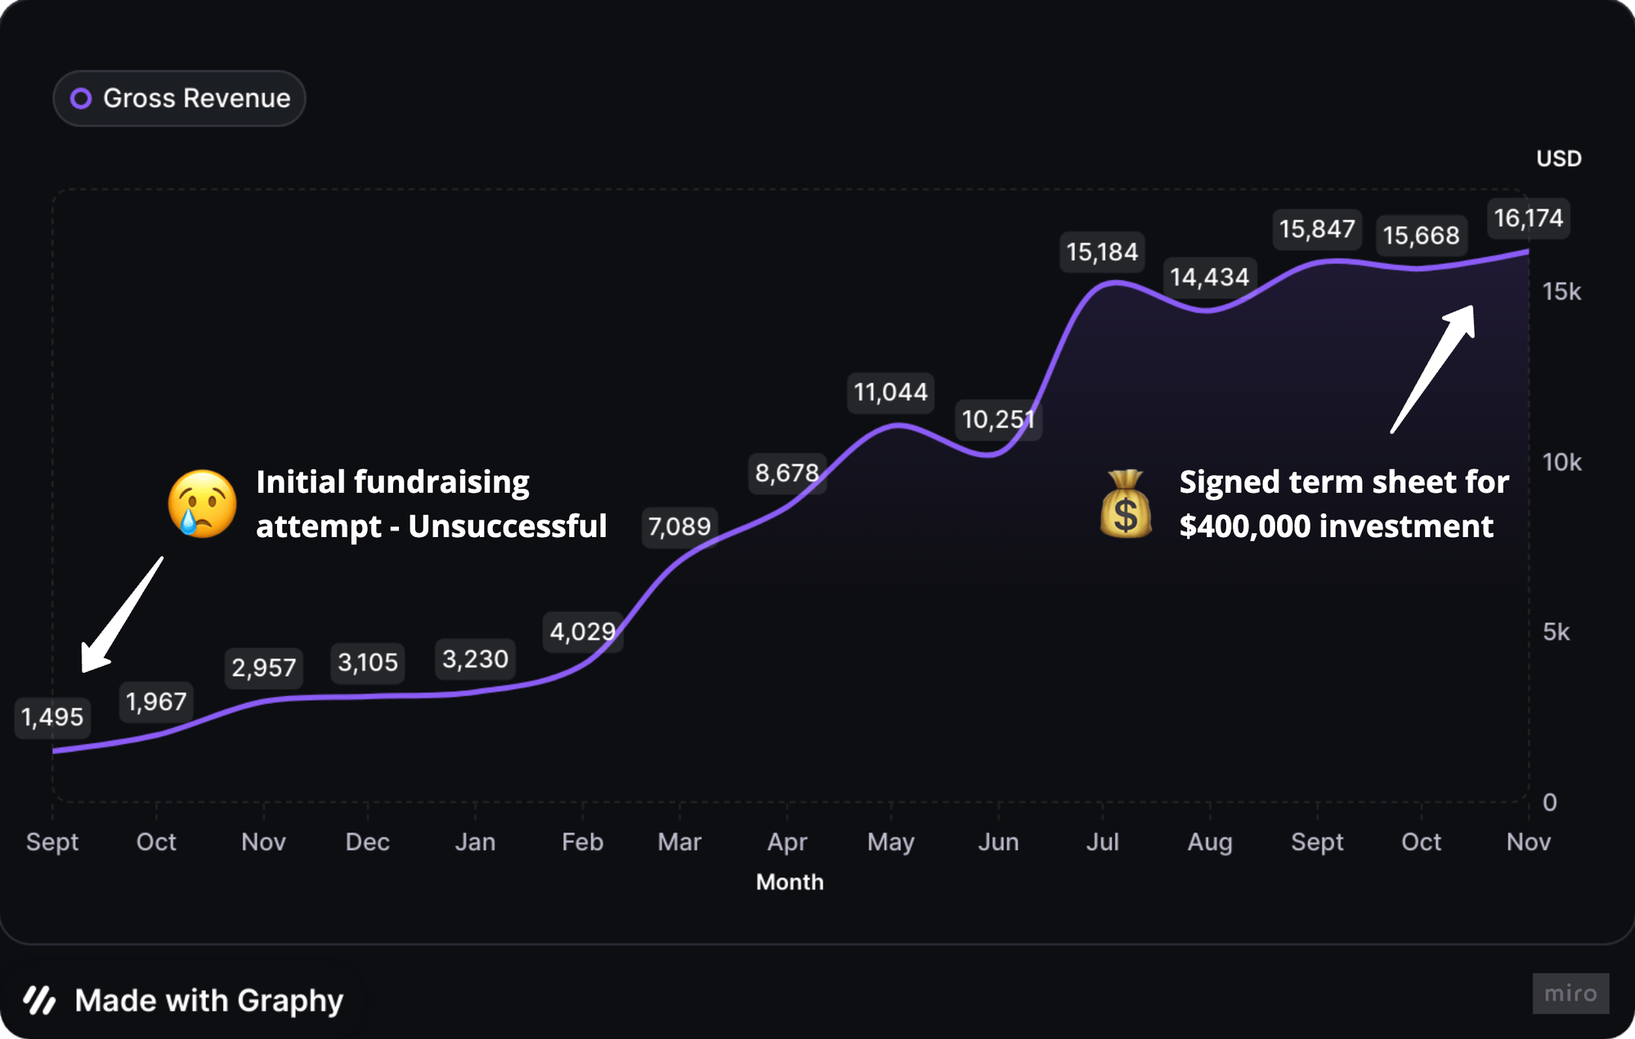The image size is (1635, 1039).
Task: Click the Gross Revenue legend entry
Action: (x=180, y=98)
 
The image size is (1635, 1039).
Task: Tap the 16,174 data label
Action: (x=1528, y=218)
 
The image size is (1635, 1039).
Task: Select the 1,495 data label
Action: (x=52, y=717)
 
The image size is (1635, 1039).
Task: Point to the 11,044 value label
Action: (x=890, y=392)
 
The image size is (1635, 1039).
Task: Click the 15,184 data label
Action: (x=1102, y=252)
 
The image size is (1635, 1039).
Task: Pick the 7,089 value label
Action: (x=679, y=526)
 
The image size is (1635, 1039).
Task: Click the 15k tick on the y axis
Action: (x=1561, y=292)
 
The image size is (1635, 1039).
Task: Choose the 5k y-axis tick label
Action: (x=1556, y=632)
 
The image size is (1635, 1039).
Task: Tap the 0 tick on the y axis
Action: (x=1549, y=802)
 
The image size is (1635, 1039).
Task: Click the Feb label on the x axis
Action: (x=582, y=842)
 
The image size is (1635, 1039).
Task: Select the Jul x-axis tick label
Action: (x=1102, y=842)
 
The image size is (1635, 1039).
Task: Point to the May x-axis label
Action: (x=890, y=842)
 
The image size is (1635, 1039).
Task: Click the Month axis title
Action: (x=790, y=882)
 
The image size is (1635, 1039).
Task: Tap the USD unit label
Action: (x=1558, y=159)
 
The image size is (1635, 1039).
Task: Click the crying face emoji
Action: (x=202, y=504)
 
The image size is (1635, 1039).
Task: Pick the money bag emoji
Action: (x=1126, y=504)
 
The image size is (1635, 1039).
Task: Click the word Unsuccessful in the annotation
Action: (x=507, y=526)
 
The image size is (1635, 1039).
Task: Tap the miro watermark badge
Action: (x=1570, y=993)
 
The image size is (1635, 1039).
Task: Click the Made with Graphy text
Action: (x=208, y=1001)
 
